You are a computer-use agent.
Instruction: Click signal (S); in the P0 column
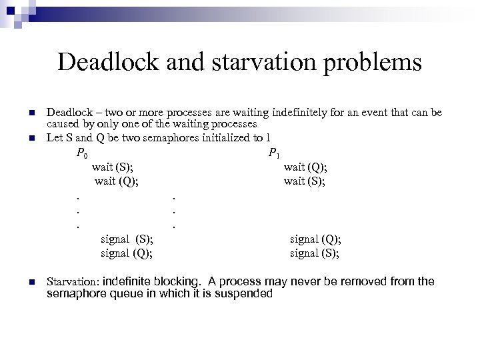pos(126,239)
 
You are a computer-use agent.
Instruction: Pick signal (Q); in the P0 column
pos(126,253)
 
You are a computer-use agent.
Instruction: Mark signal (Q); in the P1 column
pos(315,239)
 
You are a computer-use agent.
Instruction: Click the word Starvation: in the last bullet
pos(73,282)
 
